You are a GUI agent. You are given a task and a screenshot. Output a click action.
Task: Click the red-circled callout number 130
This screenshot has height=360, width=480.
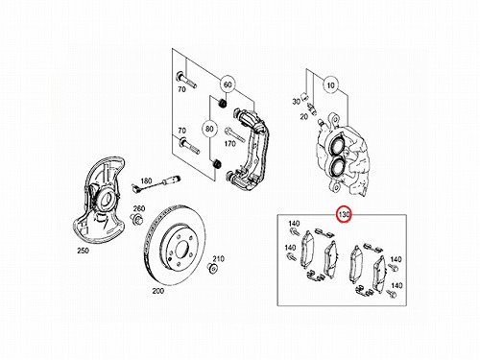click(x=344, y=215)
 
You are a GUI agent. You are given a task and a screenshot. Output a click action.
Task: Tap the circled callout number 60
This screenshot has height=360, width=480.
click(x=228, y=84)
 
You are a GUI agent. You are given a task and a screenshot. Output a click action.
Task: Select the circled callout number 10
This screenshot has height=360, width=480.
click(x=331, y=85)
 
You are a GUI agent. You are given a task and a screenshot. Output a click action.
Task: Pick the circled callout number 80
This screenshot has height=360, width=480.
click(x=209, y=130)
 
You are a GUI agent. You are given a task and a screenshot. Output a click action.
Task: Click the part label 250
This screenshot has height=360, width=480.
click(x=83, y=251)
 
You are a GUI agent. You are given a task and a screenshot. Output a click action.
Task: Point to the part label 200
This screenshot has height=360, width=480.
click(x=158, y=291)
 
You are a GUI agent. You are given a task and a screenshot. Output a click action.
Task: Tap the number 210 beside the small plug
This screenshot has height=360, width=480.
click(x=219, y=258)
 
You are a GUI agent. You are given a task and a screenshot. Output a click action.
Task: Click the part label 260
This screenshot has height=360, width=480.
click(x=139, y=208)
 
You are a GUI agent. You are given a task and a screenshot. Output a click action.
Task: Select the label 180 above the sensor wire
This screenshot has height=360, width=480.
click(x=146, y=180)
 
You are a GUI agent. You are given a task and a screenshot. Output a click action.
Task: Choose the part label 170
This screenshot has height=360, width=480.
click(x=229, y=144)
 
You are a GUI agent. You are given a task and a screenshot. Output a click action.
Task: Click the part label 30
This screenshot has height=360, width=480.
click(x=296, y=102)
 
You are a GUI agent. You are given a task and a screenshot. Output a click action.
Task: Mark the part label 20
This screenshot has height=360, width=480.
click(x=303, y=117)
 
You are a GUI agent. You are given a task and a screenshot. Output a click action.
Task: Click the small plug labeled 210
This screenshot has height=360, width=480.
click(x=212, y=268)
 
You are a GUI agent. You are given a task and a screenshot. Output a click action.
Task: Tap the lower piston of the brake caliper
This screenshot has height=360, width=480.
click(x=337, y=167)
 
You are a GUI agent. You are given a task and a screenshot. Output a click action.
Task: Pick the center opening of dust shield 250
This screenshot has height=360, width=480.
click(x=106, y=201)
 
